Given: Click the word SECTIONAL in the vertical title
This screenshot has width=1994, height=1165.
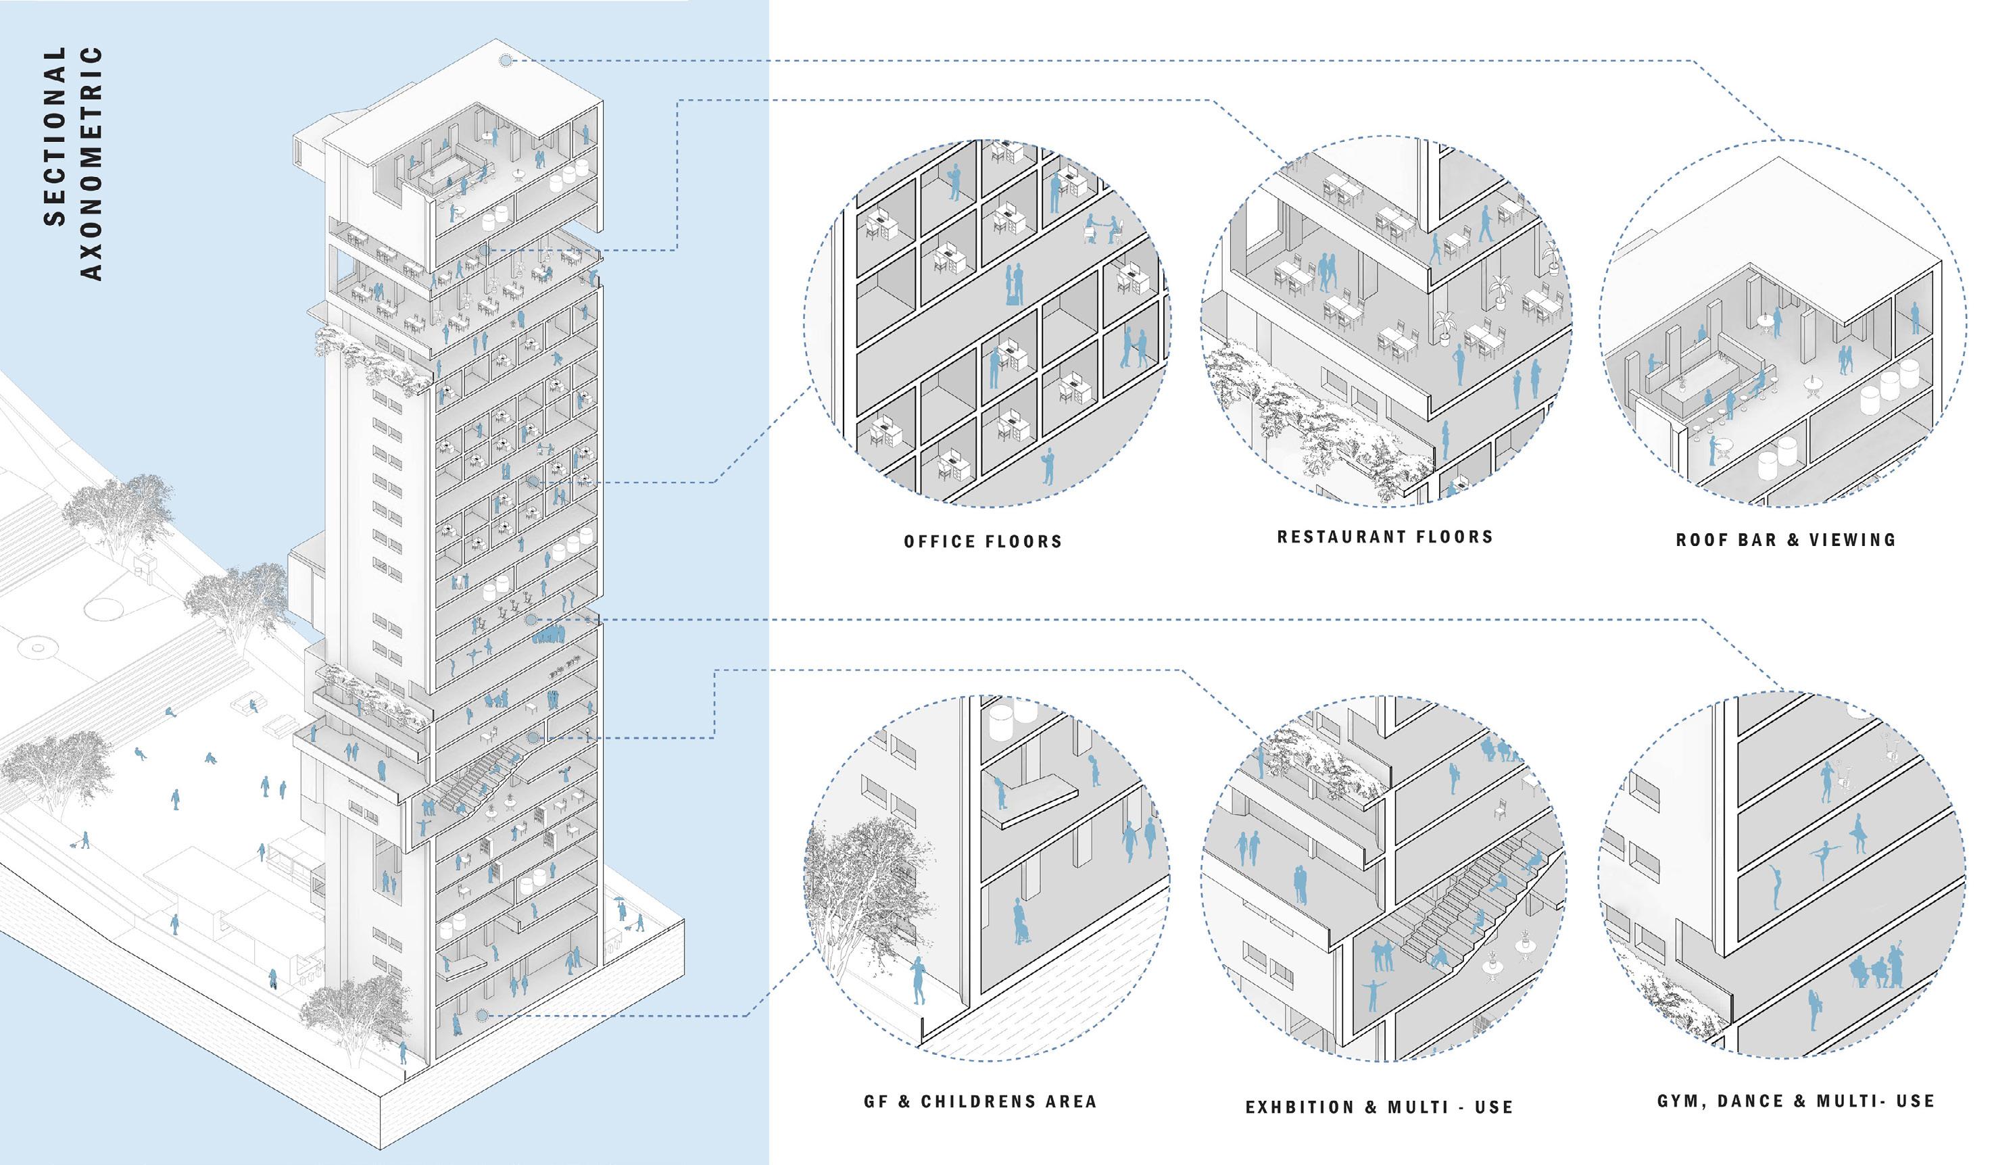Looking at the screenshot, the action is (x=55, y=136).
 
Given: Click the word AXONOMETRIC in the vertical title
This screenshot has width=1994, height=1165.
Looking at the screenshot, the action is (x=92, y=163).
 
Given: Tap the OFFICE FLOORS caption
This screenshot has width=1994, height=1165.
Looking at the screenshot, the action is (x=983, y=542).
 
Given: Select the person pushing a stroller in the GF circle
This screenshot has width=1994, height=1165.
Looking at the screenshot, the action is (x=1021, y=922).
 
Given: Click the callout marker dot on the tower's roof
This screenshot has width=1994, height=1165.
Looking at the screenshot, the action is (x=505, y=60).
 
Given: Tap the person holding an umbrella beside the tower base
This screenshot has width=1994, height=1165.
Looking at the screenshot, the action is (x=620, y=910).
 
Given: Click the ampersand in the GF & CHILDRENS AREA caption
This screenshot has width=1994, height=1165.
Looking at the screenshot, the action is (x=904, y=1101).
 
